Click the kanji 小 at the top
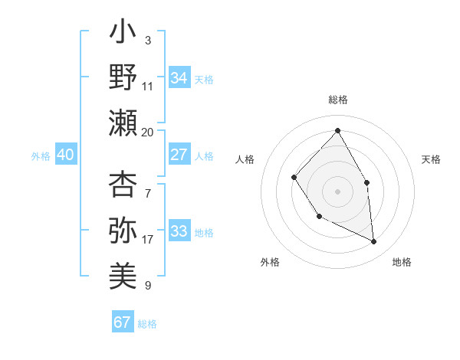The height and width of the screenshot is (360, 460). coord(123,34)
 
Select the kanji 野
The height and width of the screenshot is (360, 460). coord(123,77)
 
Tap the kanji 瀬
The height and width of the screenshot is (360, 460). coord(123,123)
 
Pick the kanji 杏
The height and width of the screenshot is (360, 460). coord(123,184)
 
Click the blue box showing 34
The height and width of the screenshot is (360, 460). coord(179,78)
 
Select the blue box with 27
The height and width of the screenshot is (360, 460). coord(179,155)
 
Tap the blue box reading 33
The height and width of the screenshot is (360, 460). coord(179,231)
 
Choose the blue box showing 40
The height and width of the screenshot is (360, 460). coord(65,155)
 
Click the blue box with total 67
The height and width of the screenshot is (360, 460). coord(122,322)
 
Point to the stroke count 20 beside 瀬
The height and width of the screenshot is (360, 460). coord(147,132)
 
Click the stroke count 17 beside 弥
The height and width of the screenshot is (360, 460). coord(147,239)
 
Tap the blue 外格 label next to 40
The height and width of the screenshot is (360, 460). coord(41,156)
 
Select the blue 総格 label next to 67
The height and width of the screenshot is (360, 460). coord(147,324)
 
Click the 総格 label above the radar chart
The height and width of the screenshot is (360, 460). coord(337,100)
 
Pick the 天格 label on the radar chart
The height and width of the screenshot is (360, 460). coord(432,159)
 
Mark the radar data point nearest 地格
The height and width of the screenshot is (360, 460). coord(374,242)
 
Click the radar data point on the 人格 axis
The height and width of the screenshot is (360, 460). coord(294,178)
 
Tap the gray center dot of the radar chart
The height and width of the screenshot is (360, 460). coord(337,191)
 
